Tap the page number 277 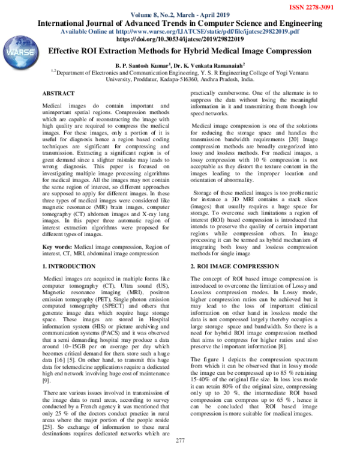179,458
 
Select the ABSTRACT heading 58,94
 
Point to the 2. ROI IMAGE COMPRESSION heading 234,265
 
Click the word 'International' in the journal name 68,23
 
